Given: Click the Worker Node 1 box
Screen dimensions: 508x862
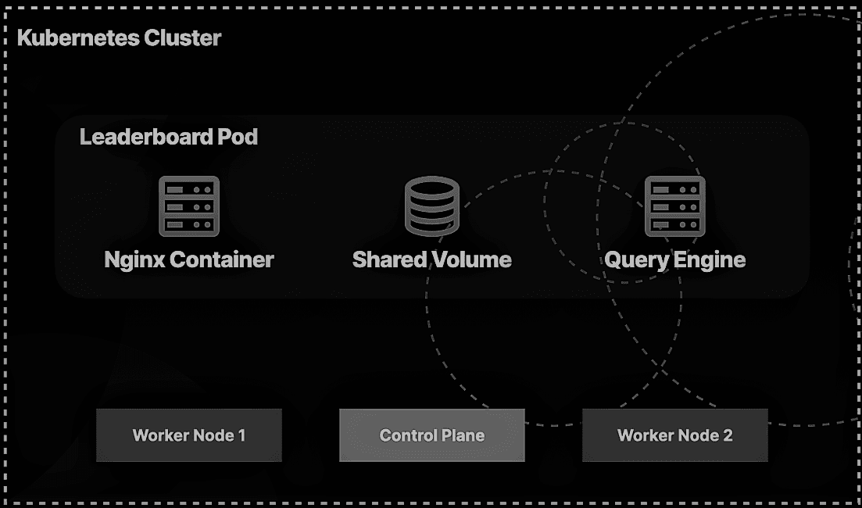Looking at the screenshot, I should pos(188,435).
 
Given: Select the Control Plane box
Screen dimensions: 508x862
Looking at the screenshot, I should pos(431,435).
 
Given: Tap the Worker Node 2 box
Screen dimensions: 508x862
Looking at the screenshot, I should pos(674,435).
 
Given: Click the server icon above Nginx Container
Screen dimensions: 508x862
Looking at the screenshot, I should pos(189,206).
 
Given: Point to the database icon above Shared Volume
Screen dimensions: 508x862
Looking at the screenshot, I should pos(431,206).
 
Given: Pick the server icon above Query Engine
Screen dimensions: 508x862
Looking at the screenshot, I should pos(674,206).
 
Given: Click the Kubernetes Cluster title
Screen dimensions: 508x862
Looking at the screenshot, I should pos(119,38).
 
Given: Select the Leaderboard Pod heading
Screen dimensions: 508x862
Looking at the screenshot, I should pos(169,138).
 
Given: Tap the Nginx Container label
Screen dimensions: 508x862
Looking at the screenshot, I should pos(189,259).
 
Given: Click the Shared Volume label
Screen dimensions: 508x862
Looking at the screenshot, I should pos(431,259).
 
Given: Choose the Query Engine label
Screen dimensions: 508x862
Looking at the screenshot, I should pos(674,259).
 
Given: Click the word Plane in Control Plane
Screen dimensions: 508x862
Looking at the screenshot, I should pos(464,435).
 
